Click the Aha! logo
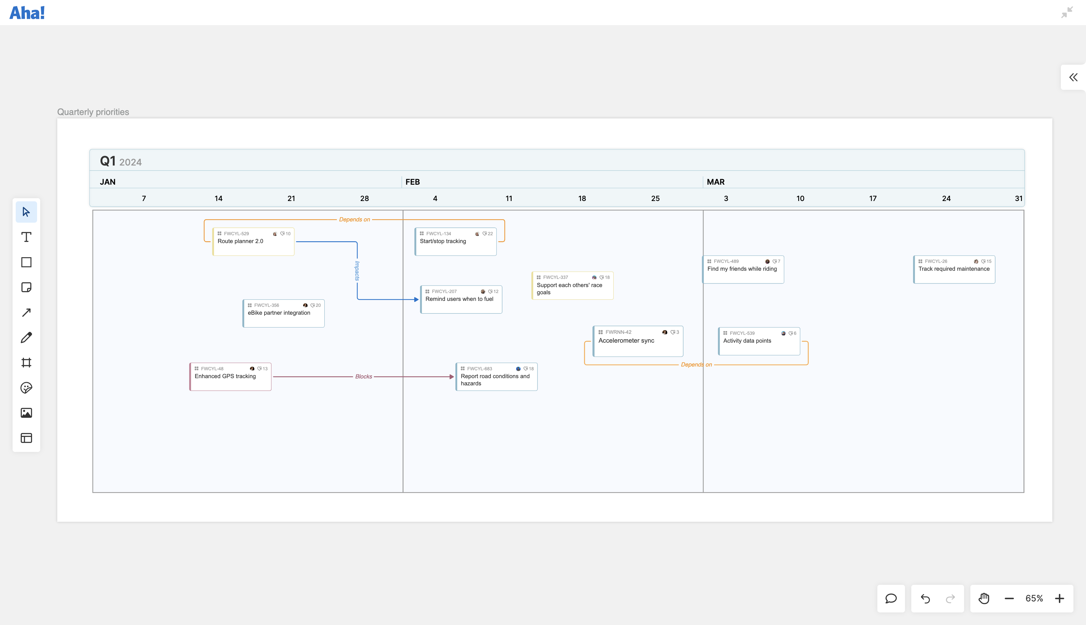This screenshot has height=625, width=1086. tap(27, 13)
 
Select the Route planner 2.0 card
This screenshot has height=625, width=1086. tap(253, 242)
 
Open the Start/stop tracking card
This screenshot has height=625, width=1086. tap(456, 242)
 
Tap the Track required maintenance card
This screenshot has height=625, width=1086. tap(954, 269)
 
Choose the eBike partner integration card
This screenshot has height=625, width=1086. tap(283, 313)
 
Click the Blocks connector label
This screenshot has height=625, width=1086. tap(363, 377)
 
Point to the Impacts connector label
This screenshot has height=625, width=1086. tap(357, 271)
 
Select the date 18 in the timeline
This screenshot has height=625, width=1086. tap(582, 198)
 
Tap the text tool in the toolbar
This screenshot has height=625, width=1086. tap(26, 237)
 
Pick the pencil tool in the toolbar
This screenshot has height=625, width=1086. tap(26, 337)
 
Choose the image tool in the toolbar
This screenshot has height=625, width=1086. tap(26, 413)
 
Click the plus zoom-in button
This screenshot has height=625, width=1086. tap(1059, 598)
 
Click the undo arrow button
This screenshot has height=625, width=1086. tap(925, 598)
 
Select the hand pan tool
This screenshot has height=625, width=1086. tap(984, 598)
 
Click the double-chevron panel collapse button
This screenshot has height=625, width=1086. tap(1073, 77)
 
